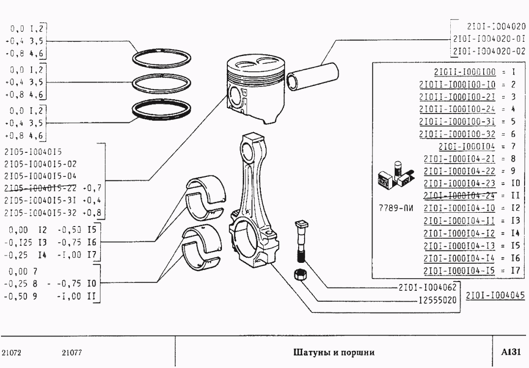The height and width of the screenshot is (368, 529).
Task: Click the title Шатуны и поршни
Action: (334, 352)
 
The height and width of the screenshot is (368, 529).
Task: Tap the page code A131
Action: (510, 352)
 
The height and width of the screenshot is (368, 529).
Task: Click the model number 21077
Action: (72, 352)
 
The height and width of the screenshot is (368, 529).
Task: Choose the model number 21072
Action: (12, 352)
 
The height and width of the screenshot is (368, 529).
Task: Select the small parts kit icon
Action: (394, 176)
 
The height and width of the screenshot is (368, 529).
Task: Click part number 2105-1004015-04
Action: (40, 175)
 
